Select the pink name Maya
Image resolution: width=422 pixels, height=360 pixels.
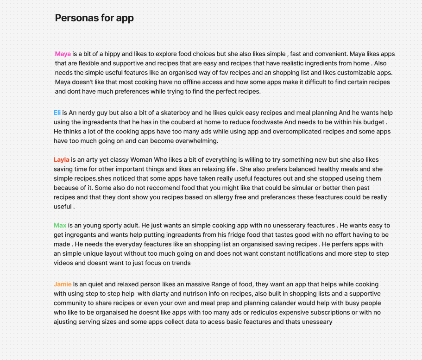[x=63, y=54]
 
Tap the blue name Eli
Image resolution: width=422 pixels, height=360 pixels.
[x=57, y=113]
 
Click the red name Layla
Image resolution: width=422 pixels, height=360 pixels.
[x=61, y=160]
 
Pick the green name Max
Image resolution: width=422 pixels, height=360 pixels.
[x=60, y=226]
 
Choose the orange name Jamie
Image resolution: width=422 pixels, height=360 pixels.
[x=63, y=284]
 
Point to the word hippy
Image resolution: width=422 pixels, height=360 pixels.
[x=112, y=54]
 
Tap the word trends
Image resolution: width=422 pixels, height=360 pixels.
[x=181, y=263]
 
